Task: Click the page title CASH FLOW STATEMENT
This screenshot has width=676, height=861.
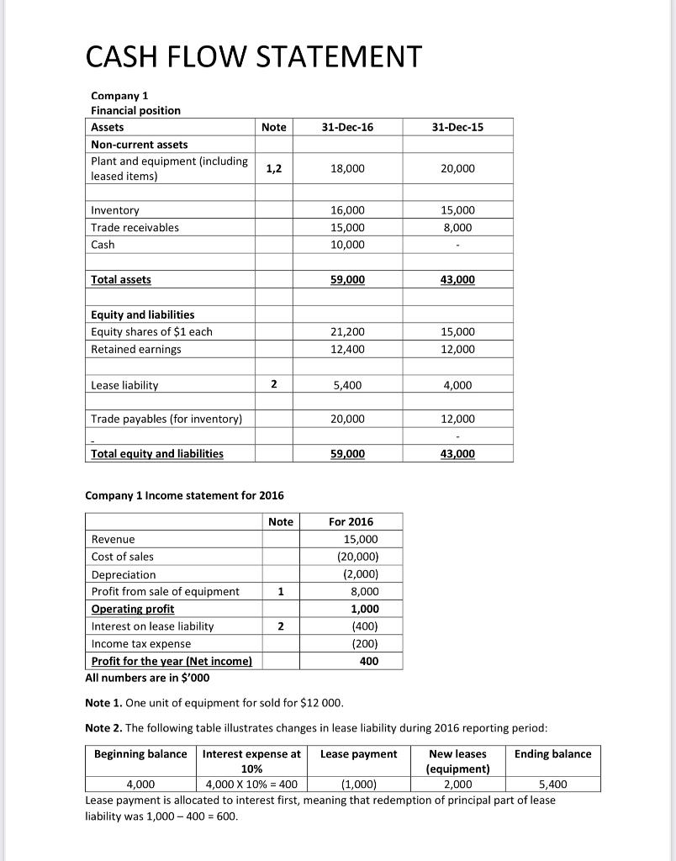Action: [x=253, y=56]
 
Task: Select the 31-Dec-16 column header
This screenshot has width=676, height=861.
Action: [x=348, y=127]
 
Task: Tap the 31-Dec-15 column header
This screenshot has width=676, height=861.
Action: [x=457, y=127]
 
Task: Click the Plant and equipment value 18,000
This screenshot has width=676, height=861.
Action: [x=348, y=169]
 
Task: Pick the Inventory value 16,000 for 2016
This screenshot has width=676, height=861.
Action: [x=348, y=210]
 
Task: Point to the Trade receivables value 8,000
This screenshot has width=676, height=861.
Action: [x=457, y=227]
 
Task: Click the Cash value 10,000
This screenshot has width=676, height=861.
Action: [x=348, y=245]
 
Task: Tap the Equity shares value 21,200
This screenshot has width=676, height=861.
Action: [x=348, y=332]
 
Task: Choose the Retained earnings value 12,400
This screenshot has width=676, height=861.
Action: [x=348, y=349]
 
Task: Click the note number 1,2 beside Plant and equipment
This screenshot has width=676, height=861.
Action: [x=273, y=169]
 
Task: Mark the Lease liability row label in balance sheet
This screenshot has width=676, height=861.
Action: [x=124, y=385]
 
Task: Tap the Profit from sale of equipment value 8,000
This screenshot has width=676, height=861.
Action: [x=363, y=592]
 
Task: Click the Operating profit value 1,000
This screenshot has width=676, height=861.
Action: [x=363, y=609]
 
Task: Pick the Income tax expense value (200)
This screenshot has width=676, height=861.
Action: [x=363, y=644]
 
